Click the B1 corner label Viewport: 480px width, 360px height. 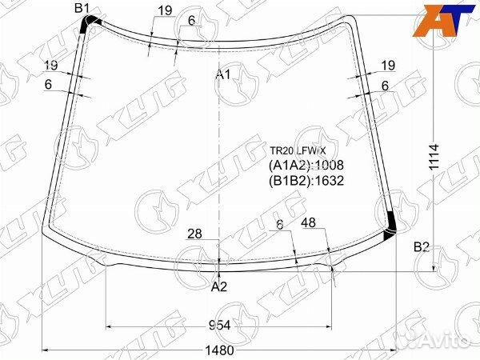(82, 9)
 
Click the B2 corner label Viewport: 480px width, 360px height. (422, 247)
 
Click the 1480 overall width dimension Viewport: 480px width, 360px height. (218, 350)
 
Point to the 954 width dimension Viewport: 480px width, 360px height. (219, 325)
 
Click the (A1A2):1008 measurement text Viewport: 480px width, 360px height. (305, 165)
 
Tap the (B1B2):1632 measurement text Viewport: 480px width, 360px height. (305, 180)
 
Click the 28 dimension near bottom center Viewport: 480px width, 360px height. (194, 234)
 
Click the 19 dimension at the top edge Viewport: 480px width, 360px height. (165, 10)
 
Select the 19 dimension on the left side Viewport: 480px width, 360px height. (50, 66)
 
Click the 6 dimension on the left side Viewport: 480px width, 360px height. (48, 84)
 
